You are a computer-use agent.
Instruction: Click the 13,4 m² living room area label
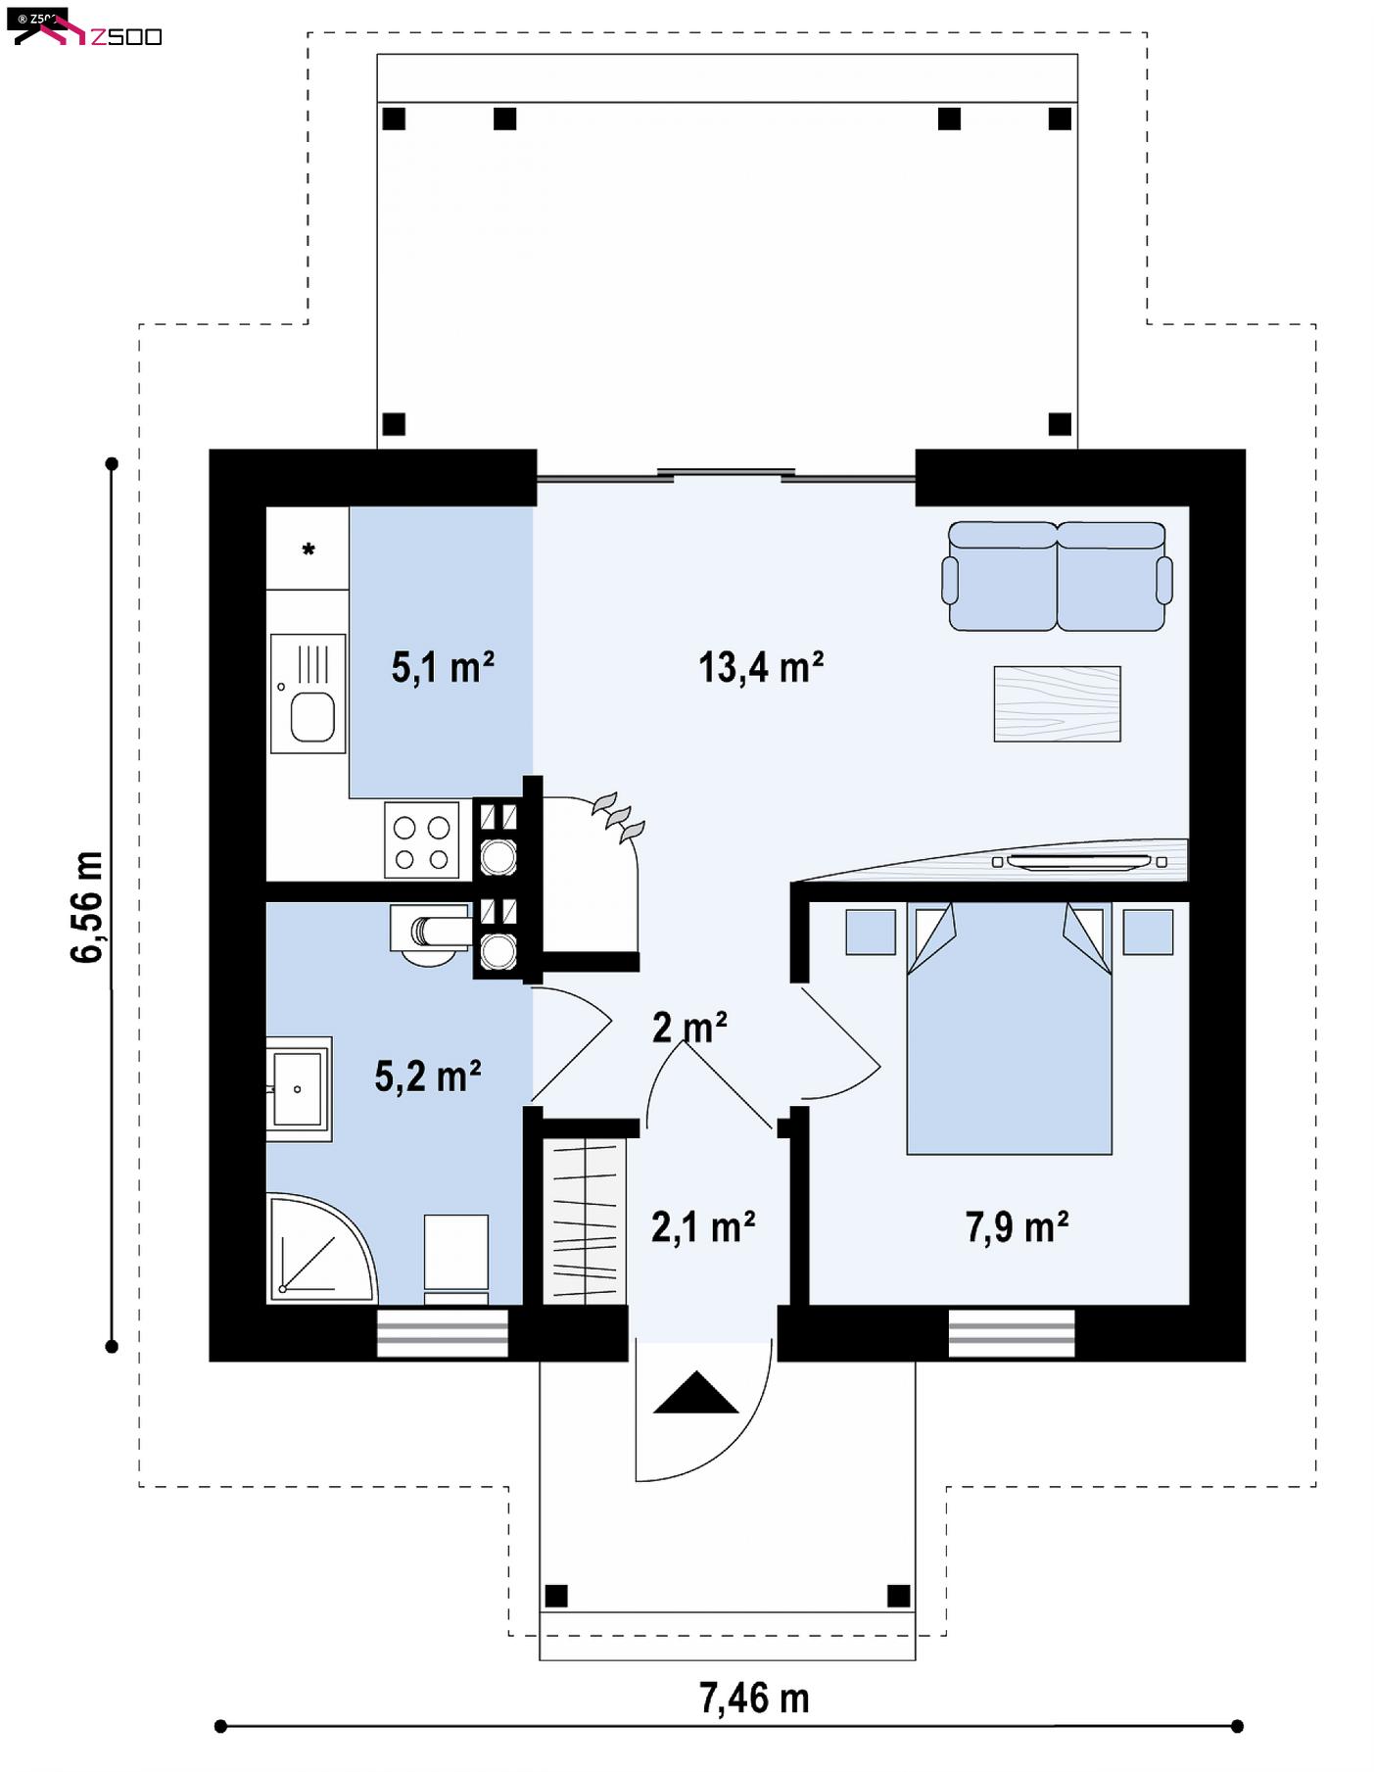point(761,667)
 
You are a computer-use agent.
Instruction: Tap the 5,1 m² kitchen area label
point(443,667)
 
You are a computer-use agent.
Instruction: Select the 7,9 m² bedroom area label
point(1017,1226)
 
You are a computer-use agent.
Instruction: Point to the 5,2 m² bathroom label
point(428,1076)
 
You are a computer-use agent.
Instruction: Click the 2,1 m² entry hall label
point(703,1226)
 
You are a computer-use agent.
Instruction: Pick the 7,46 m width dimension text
point(754,1699)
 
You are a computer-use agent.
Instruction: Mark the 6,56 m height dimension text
point(88,907)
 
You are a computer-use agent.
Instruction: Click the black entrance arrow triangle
point(695,1392)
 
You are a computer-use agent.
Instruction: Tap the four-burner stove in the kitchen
point(422,840)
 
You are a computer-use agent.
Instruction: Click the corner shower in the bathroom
point(321,1248)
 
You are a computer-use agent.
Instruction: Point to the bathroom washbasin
point(299,1089)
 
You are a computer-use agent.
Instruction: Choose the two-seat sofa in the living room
point(1057,576)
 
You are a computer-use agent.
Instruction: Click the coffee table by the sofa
point(1058,704)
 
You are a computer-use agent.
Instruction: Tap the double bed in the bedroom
point(1010,1029)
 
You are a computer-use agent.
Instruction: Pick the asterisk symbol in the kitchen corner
point(308,550)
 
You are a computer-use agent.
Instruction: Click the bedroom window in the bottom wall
point(1012,1332)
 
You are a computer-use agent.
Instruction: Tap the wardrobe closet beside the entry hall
point(585,1221)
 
